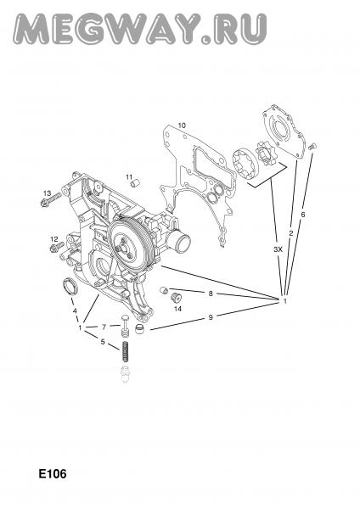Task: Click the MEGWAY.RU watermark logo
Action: click(x=140, y=29)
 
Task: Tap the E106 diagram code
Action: click(x=53, y=473)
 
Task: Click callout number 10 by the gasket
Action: click(x=182, y=125)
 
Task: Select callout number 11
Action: click(x=130, y=176)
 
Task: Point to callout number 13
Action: click(x=47, y=193)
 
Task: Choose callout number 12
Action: click(x=54, y=239)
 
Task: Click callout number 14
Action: click(x=177, y=309)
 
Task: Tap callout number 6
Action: click(x=303, y=215)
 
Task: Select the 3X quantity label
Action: click(x=278, y=249)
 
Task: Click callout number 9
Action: click(x=211, y=316)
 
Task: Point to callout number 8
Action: click(x=211, y=294)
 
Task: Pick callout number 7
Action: click(x=104, y=327)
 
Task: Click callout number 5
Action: click(x=103, y=342)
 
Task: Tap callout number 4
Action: click(x=75, y=310)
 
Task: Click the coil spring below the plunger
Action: click(x=125, y=351)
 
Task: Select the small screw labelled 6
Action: click(x=312, y=146)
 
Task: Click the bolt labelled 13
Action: click(x=51, y=199)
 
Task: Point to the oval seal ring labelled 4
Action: click(x=69, y=286)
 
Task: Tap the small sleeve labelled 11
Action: click(x=135, y=184)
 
